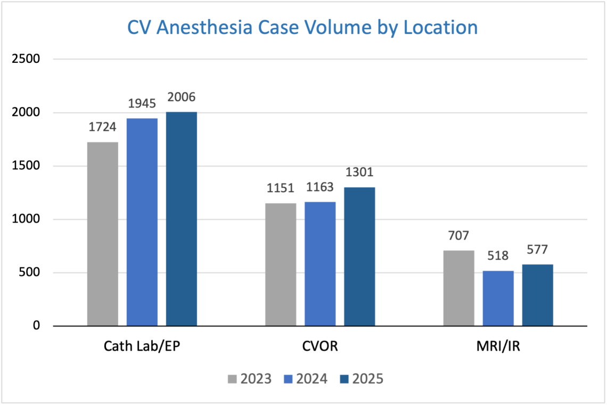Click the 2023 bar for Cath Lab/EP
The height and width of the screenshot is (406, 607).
point(103,234)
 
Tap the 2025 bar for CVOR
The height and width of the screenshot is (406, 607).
point(359,256)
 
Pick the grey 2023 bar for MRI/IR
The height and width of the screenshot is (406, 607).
point(458,288)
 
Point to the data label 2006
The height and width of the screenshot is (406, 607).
point(181,97)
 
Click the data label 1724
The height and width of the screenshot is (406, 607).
point(103,128)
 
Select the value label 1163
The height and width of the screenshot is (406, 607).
point(320,187)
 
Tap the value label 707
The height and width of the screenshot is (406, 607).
point(458,236)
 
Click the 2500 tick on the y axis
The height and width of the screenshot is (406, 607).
point(26,59)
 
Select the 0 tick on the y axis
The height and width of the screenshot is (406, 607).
point(36,326)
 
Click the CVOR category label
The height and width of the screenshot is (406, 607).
point(320,347)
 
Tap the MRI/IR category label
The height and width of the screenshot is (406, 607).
point(498,347)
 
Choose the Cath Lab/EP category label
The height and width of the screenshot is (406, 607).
point(142,347)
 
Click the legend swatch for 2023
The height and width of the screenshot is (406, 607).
point(232,379)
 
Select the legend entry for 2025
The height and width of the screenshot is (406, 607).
point(362,379)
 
